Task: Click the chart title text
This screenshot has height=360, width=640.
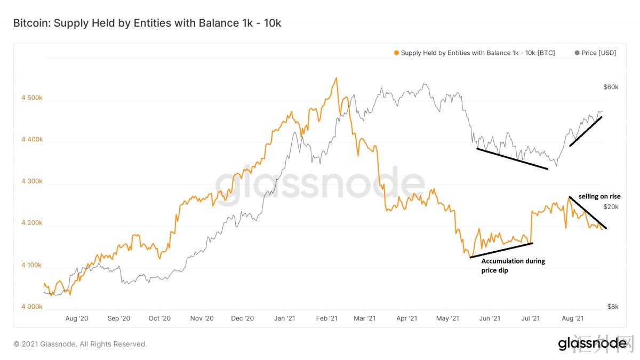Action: pyautogui.click(x=147, y=23)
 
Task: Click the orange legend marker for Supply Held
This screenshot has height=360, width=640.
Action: pyautogui.click(x=396, y=53)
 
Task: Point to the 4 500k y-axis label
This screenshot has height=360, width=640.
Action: pyautogui.click(x=31, y=99)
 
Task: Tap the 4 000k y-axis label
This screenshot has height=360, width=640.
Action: pyautogui.click(x=31, y=307)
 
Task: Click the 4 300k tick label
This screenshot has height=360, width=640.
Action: pyautogui.click(x=31, y=182)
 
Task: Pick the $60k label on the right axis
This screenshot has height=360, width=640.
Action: pyautogui.click(x=611, y=87)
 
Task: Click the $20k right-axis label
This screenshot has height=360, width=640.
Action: pyautogui.click(x=611, y=206)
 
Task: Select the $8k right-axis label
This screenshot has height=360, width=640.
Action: pyautogui.click(x=613, y=307)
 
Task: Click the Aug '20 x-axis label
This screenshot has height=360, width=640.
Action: pyautogui.click(x=77, y=318)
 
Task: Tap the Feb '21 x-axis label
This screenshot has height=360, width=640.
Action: pyautogui.click(x=326, y=318)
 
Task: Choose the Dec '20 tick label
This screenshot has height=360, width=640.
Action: pyautogui.click(x=243, y=318)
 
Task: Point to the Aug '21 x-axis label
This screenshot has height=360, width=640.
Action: pyautogui.click(x=572, y=318)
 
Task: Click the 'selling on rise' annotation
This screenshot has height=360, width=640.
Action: pyautogui.click(x=599, y=197)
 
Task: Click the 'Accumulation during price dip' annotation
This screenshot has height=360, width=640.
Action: pyautogui.click(x=513, y=266)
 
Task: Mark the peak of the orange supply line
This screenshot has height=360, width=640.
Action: pyautogui.click(x=336, y=78)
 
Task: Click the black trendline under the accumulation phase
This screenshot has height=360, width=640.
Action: pyautogui.click(x=501, y=251)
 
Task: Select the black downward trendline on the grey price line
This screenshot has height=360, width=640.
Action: pyautogui.click(x=512, y=159)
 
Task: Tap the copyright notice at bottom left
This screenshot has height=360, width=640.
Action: pyautogui.click(x=80, y=344)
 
